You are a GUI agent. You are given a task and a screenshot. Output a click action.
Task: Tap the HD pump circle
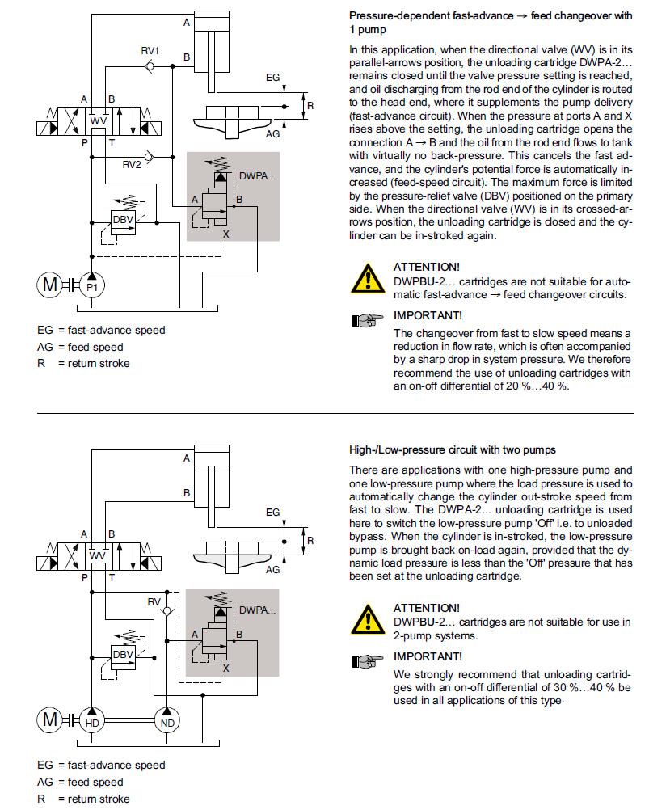click(x=91, y=720)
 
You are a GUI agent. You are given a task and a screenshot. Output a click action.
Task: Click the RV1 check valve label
click(x=150, y=51)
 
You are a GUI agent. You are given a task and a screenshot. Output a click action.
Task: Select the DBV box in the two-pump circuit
click(x=123, y=654)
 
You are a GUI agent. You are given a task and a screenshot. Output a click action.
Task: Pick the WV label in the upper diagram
click(x=99, y=120)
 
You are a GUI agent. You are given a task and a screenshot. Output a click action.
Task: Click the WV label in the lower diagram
click(x=99, y=555)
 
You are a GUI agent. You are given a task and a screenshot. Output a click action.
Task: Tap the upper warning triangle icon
click(x=368, y=279)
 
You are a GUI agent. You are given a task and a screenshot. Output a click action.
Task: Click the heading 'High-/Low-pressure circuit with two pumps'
click(x=452, y=449)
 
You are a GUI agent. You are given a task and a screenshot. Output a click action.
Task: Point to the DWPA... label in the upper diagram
click(x=259, y=175)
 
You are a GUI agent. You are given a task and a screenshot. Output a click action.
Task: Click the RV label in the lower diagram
click(x=154, y=601)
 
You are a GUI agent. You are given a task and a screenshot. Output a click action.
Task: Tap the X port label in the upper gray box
click(x=226, y=234)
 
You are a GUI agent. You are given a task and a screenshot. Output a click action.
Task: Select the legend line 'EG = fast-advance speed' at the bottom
click(x=101, y=765)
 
